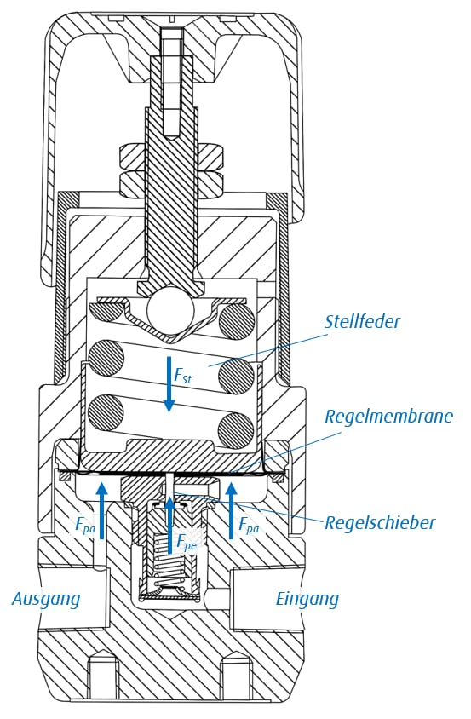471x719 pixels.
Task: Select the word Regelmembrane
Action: click(x=388, y=417)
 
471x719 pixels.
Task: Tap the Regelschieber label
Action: click(x=379, y=522)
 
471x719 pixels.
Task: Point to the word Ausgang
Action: click(x=46, y=599)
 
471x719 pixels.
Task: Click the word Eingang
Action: click(x=307, y=599)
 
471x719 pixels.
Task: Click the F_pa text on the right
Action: click(x=249, y=525)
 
